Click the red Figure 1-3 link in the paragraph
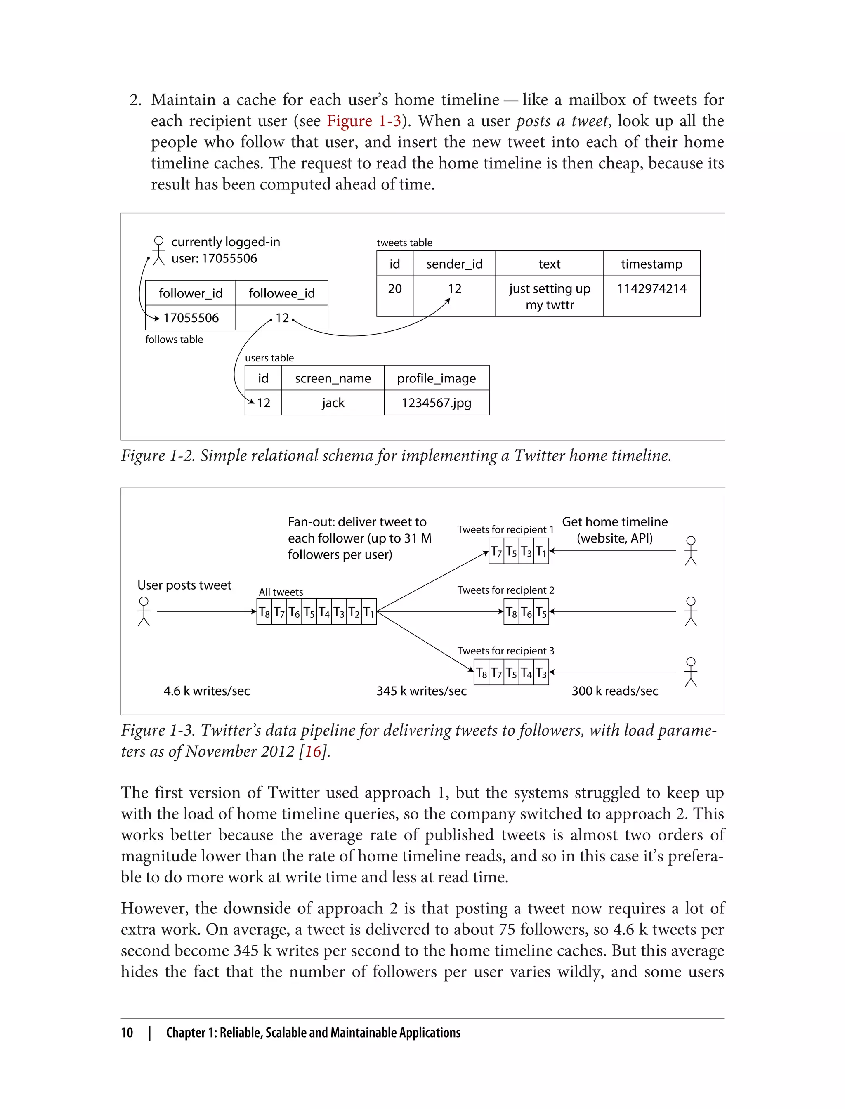(x=363, y=121)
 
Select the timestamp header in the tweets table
(x=651, y=264)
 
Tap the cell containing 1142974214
(x=651, y=296)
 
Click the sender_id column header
(x=454, y=264)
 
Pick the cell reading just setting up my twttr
(x=549, y=296)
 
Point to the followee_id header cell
(x=282, y=293)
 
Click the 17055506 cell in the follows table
(x=191, y=318)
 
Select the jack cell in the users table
(x=333, y=403)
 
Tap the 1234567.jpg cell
(x=437, y=403)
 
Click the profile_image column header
(x=437, y=378)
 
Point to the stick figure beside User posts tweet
(x=144, y=611)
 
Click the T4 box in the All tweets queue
(x=324, y=612)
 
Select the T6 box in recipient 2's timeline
(x=526, y=612)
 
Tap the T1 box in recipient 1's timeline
(x=541, y=552)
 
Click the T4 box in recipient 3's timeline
(x=526, y=672)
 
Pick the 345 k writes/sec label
(x=422, y=691)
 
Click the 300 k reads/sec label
(x=615, y=691)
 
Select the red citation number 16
(x=313, y=751)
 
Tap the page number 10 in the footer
(x=127, y=1033)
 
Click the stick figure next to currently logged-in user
(x=159, y=250)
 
